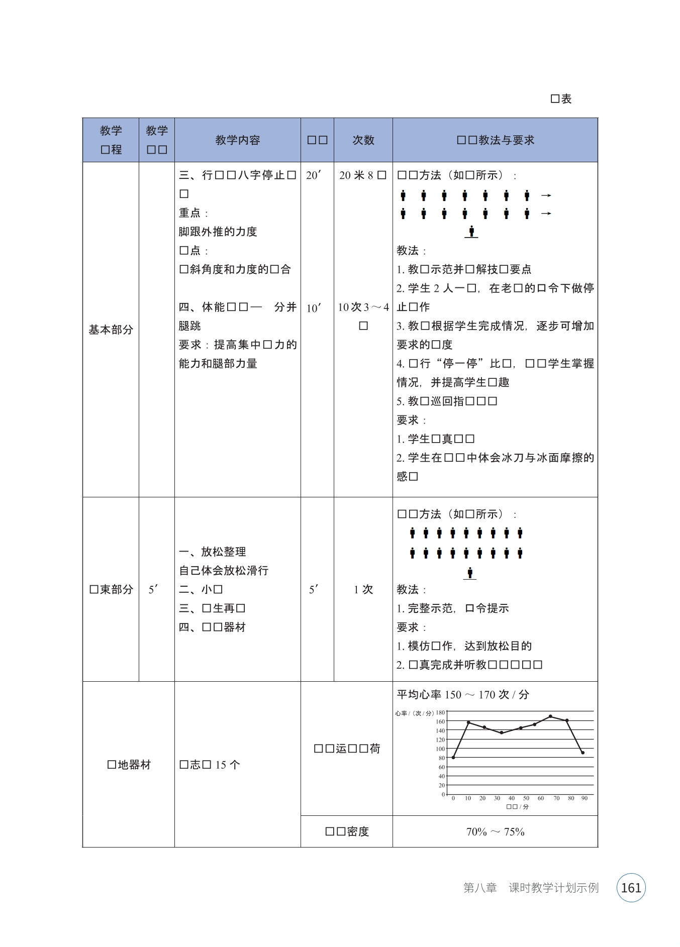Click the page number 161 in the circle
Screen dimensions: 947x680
pos(631,888)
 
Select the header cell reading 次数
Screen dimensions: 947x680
pos(363,140)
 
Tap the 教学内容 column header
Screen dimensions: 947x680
pos(237,140)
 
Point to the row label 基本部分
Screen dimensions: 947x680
pos(111,330)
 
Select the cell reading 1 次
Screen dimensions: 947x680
pos(363,589)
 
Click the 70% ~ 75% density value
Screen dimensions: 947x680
pos(495,832)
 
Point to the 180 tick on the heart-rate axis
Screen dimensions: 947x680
pos(440,712)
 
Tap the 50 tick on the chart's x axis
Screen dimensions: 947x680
pos(526,798)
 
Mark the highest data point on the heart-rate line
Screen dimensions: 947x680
pos(550,716)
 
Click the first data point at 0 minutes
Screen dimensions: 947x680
pos(453,757)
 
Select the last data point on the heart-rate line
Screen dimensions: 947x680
pos(582,753)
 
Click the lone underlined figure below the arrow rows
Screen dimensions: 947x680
pos(471,232)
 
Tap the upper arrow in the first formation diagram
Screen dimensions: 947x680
pos(546,195)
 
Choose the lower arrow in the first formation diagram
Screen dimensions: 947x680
pos(546,214)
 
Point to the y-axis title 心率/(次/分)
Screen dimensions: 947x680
pos(414,713)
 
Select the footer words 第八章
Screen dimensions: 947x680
pos(480,888)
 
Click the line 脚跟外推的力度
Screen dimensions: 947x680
pos(218,232)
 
